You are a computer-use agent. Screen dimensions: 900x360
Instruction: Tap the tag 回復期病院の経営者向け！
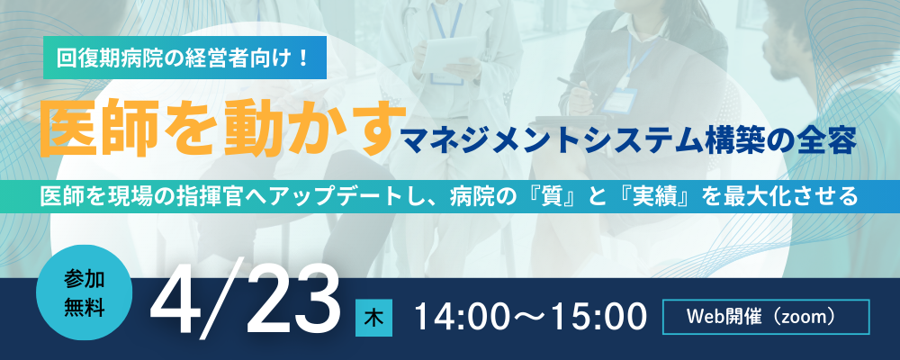point(184,58)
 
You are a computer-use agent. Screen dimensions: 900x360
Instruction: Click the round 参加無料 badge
point(85,293)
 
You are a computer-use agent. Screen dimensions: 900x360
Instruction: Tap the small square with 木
point(373,318)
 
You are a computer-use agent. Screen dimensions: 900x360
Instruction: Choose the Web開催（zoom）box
point(766,317)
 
